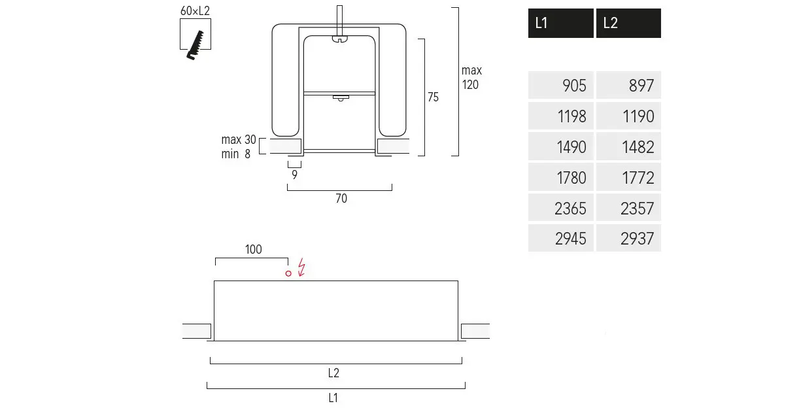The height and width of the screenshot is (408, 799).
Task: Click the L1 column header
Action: tap(560, 23)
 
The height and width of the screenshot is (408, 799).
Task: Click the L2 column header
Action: tap(628, 23)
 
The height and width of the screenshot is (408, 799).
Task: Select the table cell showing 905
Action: tap(561, 86)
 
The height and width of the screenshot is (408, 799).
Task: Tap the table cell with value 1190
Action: tap(628, 116)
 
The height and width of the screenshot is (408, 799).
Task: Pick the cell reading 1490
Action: tap(561, 147)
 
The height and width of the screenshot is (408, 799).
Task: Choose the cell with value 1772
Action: tap(628, 178)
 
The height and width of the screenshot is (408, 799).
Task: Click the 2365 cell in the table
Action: tap(561, 209)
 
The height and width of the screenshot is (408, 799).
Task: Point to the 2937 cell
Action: tap(628, 239)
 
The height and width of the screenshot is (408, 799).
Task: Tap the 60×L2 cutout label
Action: tap(195, 11)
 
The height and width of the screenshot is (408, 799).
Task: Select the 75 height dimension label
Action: tap(433, 97)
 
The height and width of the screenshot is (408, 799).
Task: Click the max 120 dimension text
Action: tap(471, 77)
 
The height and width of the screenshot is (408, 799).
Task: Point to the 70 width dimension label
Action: tap(341, 199)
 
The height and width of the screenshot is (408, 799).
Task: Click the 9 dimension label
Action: tap(295, 175)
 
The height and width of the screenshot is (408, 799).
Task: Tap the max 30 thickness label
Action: tap(239, 140)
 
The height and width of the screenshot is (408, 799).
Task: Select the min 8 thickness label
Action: tap(236, 155)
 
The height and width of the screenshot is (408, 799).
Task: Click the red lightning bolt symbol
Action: tap(301, 267)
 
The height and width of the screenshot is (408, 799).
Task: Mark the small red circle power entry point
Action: tap(288, 273)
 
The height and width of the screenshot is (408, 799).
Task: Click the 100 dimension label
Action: tap(253, 249)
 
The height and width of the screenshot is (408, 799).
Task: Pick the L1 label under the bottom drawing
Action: tap(333, 398)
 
